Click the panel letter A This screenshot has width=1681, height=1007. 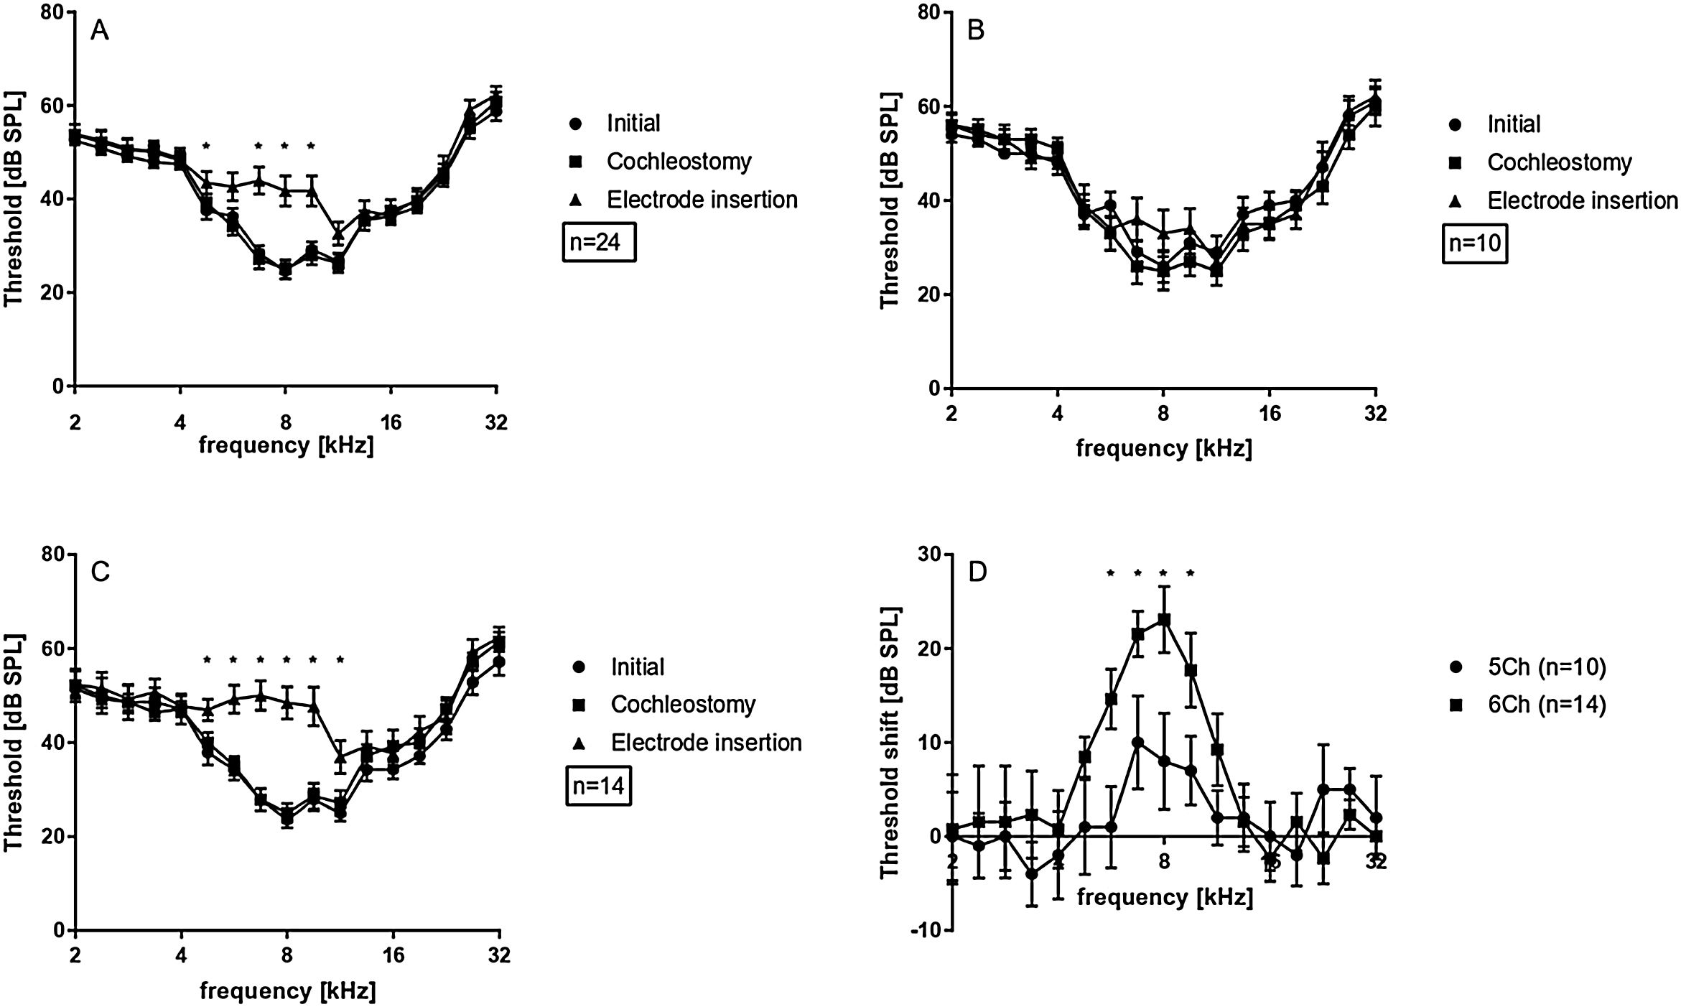pos(100,32)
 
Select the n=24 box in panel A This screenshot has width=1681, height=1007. pos(598,243)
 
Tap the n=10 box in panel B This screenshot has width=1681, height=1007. pos(1474,243)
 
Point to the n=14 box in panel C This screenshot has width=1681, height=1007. pos(598,786)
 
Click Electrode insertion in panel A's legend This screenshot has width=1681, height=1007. pos(701,200)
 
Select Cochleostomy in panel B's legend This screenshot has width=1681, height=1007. pos(1559,163)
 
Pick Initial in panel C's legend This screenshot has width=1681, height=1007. pos(637,667)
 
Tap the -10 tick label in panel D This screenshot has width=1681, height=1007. pos(925,930)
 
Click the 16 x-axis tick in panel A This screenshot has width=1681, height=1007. pos(391,422)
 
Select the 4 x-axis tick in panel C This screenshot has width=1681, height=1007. pos(181,957)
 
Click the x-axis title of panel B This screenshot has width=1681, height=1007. pos(1164,449)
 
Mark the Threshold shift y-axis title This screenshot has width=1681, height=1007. pos(890,742)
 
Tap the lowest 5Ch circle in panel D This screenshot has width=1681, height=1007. pos(1032,874)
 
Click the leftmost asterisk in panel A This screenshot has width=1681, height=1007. pos(206,147)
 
